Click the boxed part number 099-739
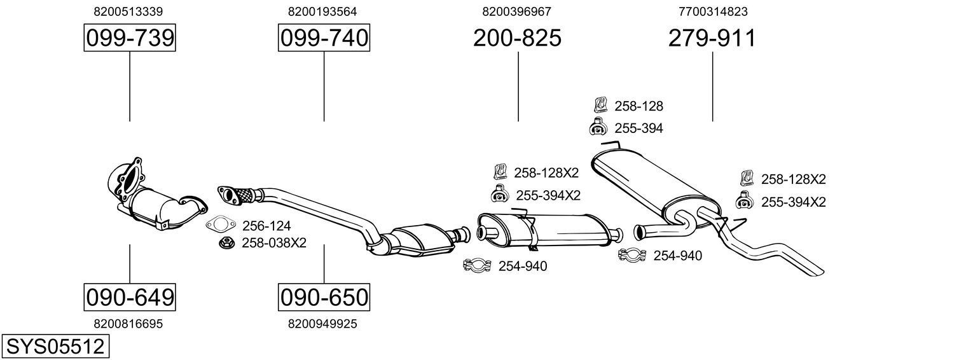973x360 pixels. click(x=130, y=39)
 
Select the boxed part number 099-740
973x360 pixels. click(x=324, y=39)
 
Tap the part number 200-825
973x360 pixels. click(x=517, y=39)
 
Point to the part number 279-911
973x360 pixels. click(x=712, y=39)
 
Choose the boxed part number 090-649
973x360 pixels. click(x=130, y=297)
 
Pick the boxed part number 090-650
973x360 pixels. click(x=324, y=297)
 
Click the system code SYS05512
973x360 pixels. click(x=55, y=347)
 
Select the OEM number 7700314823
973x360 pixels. click(x=713, y=11)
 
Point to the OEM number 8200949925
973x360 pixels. click(x=322, y=324)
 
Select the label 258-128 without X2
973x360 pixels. click(x=638, y=106)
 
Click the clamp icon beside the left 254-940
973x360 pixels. click(x=477, y=265)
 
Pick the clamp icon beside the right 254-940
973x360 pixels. click(x=632, y=255)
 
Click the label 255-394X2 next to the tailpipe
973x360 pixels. click(x=793, y=202)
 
